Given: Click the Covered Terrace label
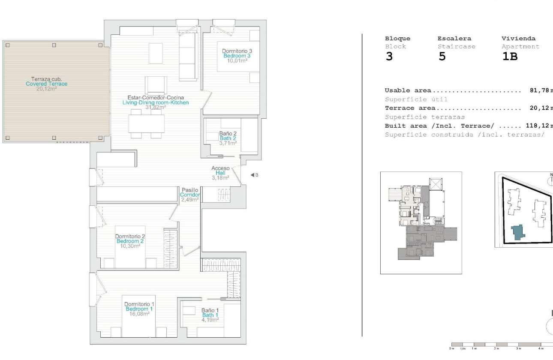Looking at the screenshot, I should coord(46,84).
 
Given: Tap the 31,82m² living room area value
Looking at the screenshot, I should coord(156,108).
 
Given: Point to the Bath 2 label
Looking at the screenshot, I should coord(228,138).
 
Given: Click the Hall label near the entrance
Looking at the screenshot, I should coord(220,173).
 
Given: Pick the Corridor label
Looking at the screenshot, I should coord(190,195).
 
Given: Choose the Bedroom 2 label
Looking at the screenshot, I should coord(131,241).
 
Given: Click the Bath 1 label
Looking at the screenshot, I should coord(210,315).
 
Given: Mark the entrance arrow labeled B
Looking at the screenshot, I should coord(254,175).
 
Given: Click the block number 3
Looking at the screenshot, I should coord(389,57).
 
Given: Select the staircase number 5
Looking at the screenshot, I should coord(442,57).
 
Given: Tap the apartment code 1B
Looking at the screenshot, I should coord(510,57).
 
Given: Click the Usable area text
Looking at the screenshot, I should coord(408,90).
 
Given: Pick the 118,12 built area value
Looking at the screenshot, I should coord(537,126).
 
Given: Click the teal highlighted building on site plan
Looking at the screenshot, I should coord(518,232).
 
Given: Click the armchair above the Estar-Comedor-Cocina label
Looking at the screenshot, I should coord(156,84).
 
